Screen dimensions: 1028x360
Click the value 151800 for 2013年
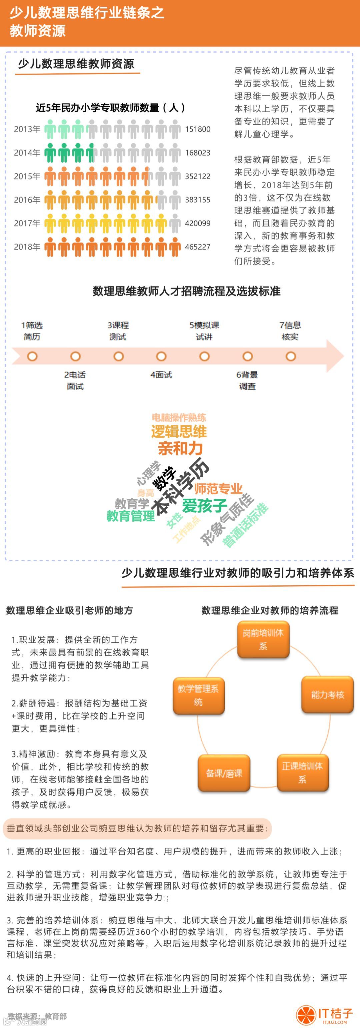[x=198, y=129]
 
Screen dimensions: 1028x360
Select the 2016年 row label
[x=27, y=200]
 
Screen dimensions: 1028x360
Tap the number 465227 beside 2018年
[x=198, y=247]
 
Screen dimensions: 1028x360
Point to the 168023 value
[x=198, y=153]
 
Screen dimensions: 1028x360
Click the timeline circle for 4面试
[x=161, y=356]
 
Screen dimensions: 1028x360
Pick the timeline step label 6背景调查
[x=247, y=380]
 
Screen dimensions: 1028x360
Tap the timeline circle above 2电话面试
[x=75, y=356]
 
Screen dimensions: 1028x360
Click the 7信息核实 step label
[x=290, y=331]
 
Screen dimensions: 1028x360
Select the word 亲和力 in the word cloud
[x=180, y=449]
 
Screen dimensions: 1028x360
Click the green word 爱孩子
[x=204, y=506]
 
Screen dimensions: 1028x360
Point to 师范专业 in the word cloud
[x=218, y=488]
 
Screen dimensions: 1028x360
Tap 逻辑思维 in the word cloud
[x=179, y=432]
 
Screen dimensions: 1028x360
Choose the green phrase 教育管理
[x=131, y=516]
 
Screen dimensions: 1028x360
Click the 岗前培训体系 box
[x=263, y=639]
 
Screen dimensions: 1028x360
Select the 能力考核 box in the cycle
[x=328, y=695]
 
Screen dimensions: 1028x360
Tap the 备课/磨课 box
[x=224, y=773]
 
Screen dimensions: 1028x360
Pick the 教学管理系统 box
[x=198, y=695]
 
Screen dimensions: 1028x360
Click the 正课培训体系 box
[x=303, y=772]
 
